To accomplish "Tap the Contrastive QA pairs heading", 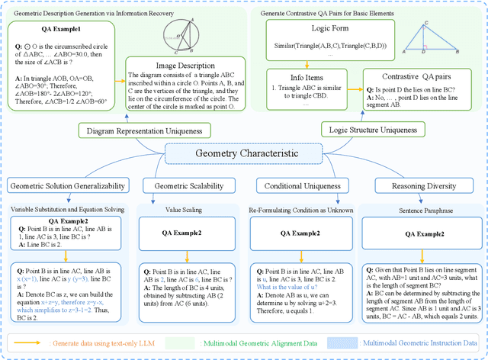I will click(416, 76).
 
